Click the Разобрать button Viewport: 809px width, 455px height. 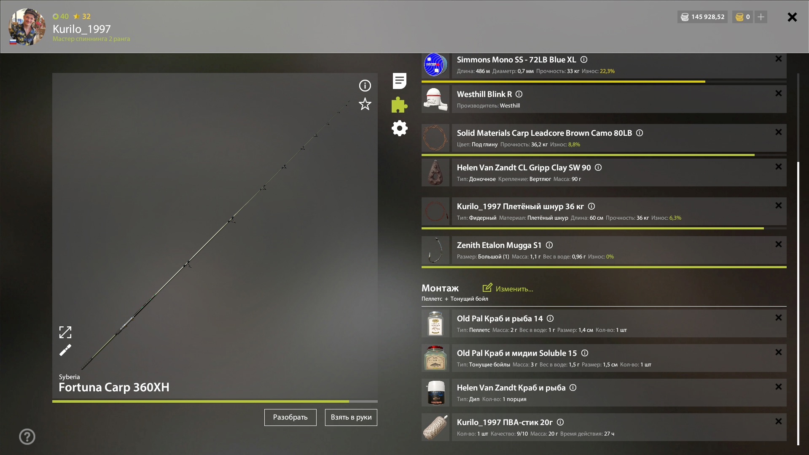point(290,417)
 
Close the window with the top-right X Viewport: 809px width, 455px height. point(792,17)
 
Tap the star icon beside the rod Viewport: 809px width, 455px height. point(365,104)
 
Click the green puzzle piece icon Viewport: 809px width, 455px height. point(399,105)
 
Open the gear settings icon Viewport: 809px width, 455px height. point(400,128)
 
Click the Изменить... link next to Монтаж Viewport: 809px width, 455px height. point(508,288)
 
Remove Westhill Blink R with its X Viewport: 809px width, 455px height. point(779,93)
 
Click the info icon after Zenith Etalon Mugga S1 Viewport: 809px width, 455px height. point(549,245)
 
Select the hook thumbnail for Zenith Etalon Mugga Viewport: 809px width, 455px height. point(435,250)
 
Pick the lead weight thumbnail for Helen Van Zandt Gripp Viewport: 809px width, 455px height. point(435,172)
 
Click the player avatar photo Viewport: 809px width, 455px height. point(27,27)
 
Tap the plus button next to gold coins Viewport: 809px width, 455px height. point(761,17)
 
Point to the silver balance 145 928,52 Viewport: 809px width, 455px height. point(702,17)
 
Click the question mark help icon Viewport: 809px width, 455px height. point(27,436)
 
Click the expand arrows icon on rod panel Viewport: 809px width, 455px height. point(65,332)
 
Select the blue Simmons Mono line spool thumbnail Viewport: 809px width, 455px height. point(435,65)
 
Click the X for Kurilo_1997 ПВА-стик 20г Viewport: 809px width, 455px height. point(779,421)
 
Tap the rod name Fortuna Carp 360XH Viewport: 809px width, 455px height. point(114,387)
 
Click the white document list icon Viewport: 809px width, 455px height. point(399,81)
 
